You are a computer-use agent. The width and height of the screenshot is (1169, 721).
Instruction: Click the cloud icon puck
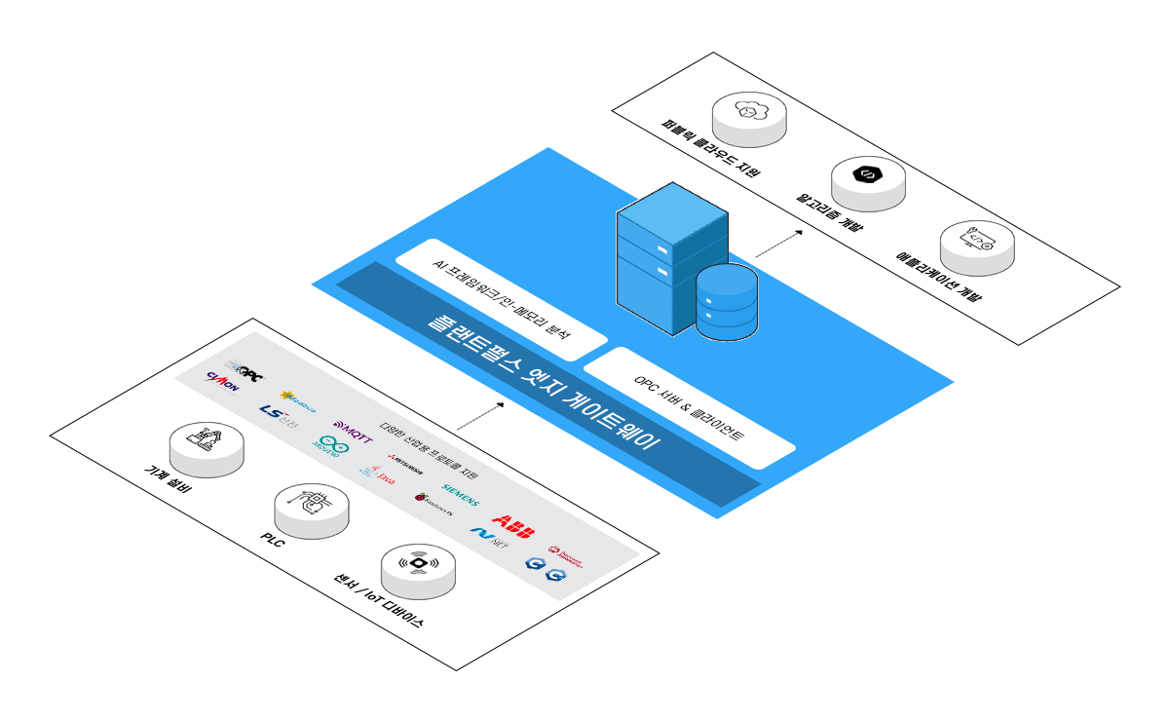click(x=748, y=118)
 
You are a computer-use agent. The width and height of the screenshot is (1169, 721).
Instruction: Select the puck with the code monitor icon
click(x=976, y=246)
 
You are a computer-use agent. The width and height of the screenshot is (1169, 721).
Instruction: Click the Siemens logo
click(x=460, y=494)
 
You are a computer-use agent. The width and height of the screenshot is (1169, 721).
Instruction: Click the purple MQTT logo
click(x=353, y=430)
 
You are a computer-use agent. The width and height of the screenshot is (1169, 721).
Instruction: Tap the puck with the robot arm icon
click(x=206, y=448)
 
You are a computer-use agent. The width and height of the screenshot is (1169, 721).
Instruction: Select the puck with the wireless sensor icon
click(x=418, y=570)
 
